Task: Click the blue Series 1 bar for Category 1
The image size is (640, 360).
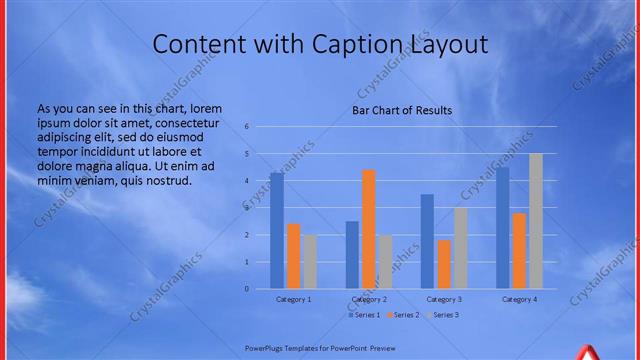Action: click(x=276, y=230)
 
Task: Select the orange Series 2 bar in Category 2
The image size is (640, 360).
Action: click(x=369, y=229)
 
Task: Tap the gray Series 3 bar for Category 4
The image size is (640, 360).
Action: click(x=536, y=221)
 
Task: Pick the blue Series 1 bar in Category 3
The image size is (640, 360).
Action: click(x=427, y=241)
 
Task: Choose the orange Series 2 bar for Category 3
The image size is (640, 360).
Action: click(x=444, y=264)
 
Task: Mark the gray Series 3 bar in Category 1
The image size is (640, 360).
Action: click(x=310, y=262)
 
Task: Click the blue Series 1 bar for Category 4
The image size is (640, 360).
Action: click(x=502, y=228)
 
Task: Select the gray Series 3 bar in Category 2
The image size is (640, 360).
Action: click(x=386, y=262)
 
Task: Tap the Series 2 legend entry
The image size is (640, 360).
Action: click(x=403, y=315)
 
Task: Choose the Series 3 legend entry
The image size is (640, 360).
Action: click(x=443, y=315)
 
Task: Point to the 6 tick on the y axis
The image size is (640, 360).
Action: click(x=247, y=127)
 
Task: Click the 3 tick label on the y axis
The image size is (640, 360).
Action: click(x=247, y=208)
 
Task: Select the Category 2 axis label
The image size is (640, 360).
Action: click(x=369, y=299)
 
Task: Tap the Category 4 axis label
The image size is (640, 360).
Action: click(x=519, y=299)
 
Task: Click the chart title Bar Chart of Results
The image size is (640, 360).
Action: click(x=402, y=110)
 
